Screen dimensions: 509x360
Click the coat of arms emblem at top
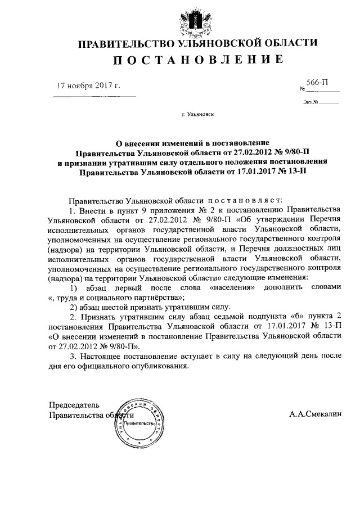[180, 19]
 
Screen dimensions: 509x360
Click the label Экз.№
[310, 102]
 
